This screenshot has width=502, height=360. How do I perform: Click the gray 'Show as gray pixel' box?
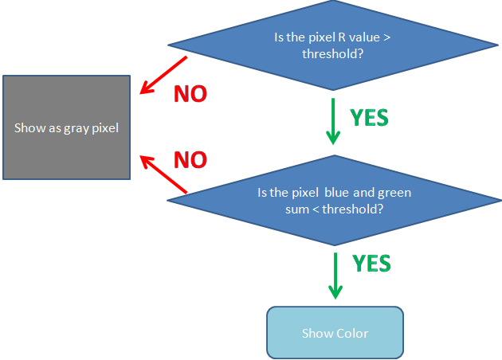point(67,127)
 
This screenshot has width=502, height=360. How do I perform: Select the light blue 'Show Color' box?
point(335,332)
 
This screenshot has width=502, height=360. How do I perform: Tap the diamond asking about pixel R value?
point(333,45)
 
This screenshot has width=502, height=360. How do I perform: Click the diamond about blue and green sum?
point(334,201)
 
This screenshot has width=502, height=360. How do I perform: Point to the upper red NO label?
point(190,94)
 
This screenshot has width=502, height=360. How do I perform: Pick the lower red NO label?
point(190,159)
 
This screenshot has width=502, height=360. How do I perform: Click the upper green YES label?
point(369,118)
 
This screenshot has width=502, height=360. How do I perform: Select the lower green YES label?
point(371,264)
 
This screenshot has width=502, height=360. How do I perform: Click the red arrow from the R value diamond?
point(163,75)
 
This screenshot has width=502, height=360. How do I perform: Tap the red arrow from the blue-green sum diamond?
point(163,174)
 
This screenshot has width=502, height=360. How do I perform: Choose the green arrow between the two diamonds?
point(333,121)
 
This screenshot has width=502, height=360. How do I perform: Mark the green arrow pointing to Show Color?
point(335,276)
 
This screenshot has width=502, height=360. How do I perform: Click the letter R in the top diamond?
point(342,37)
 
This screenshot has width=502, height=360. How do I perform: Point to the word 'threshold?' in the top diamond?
point(333,53)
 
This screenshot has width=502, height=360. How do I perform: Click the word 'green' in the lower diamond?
point(394,194)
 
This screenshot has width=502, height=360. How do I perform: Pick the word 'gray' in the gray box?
point(76,129)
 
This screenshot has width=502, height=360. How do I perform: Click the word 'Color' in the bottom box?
point(352,334)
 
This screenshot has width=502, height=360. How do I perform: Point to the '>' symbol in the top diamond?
point(387,37)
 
